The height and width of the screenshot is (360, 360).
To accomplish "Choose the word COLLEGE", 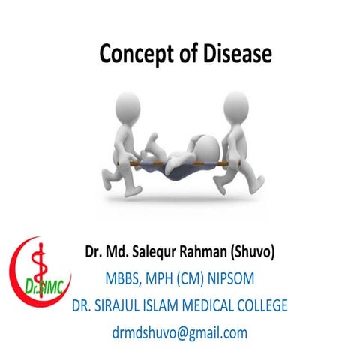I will [x=283, y=305].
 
